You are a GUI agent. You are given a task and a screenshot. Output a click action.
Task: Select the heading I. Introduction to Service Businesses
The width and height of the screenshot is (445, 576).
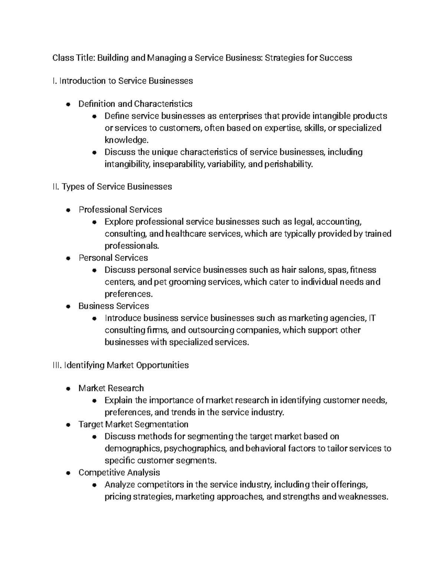[123, 81]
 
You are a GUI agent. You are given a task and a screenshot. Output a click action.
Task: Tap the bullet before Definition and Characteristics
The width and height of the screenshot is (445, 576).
[68, 104]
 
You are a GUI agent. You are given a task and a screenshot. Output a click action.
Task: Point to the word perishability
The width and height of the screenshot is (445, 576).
[289, 164]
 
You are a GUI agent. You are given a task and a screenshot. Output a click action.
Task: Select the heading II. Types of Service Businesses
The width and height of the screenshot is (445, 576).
[112, 187]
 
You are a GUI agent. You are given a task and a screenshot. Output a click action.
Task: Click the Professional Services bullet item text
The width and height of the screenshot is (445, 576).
[120, 210]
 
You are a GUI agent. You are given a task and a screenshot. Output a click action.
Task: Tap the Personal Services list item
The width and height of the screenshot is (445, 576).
[113, 258]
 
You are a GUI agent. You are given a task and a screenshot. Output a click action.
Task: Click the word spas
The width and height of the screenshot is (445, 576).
[339, 270]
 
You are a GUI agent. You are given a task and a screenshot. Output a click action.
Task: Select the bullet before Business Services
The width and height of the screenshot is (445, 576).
[68, 307]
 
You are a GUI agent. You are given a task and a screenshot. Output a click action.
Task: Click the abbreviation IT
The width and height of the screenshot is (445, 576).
[372, 318]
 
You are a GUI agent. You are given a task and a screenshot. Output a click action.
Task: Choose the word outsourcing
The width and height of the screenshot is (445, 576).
[211, 330]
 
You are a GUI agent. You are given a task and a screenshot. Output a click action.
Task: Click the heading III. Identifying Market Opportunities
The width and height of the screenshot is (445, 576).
[121, 365]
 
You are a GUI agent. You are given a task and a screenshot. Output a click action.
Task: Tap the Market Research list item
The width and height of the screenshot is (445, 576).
[111, 388]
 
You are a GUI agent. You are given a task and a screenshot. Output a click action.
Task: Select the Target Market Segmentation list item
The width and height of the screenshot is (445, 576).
[133, 424]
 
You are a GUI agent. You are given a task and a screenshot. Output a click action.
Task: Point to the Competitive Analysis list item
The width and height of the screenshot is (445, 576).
[119, 473]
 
